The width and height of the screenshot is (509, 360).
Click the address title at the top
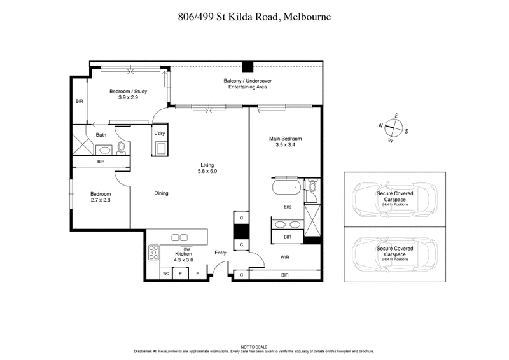pos(254,17)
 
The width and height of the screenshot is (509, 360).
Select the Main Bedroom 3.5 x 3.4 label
pos(284,142)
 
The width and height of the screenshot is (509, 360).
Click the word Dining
pos(161,193)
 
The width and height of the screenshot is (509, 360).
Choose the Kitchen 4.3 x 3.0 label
pos(184,256)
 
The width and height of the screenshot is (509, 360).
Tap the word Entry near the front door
pos(220,253)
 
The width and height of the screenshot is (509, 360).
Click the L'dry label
pos(160,133)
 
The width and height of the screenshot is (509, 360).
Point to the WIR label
pos(285,257)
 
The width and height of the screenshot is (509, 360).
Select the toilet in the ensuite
pos(311,186)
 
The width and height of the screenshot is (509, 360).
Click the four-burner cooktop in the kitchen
pos(153,253)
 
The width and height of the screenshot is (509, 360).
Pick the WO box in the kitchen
pos(166,273)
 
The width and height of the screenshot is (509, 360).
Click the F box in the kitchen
pos(198,273)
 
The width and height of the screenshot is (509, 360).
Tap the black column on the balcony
pos(248,66)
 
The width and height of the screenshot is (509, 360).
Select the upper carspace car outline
pos(394,200)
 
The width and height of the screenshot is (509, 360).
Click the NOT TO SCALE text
pos(254,347)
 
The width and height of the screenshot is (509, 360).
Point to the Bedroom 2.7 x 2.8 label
pos(100,197)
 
